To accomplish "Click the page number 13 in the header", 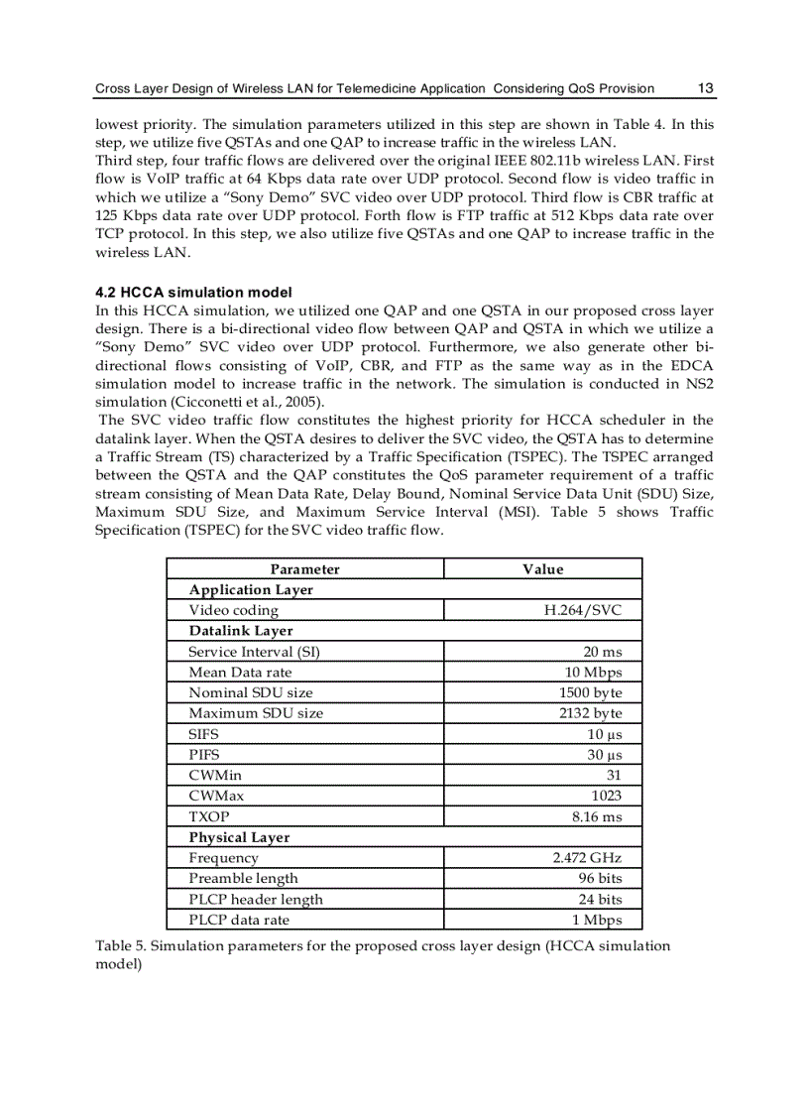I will click(x=706, y=88).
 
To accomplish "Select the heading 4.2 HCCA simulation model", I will click(x=193, y=293).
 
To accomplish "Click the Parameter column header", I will click(x=304, y=569).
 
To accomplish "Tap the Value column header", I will click(x=542, y=569).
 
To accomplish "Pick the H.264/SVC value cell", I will click(x=583, y=610).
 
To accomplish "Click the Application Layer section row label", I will click(x=251, y=589).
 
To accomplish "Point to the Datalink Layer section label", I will click(x=241, y=631).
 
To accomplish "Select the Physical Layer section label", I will click(x=239, y=837).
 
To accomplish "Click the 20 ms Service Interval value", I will click(x=603, y=652).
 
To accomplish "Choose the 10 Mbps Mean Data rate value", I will click(x=594, y=673).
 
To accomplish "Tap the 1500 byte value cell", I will click(x=591, y=692).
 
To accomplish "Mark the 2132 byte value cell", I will click(x=591, y=713).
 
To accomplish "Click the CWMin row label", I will click(x=214, y=776).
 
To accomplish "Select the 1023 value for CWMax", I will click(x=607, y=796).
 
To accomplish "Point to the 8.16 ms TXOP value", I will click(x=598, y=816).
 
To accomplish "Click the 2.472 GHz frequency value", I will click(x=587, y=858).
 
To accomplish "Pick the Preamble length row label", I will click(x=243, y=879).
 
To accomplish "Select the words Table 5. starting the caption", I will click(x=120, y=945).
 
